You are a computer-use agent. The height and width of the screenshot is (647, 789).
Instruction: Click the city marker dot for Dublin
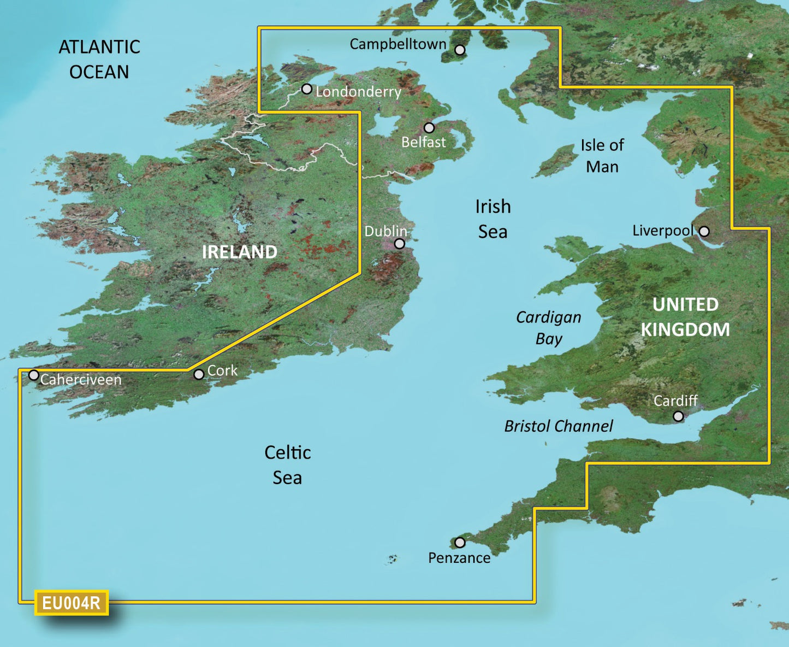point(400,244)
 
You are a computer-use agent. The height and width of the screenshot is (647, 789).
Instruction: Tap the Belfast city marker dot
point(429,128)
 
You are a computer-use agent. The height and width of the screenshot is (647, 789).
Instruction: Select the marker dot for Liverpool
point(704,231)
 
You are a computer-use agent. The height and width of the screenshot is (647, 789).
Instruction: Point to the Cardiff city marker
point(678,416)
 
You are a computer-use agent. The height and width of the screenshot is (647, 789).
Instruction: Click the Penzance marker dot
point(460,543)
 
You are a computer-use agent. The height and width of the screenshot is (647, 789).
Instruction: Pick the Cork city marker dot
point(199,374)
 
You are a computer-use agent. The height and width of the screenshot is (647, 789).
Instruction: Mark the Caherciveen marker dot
point(34,375)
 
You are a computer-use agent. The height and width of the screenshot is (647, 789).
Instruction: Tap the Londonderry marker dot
point(307,89)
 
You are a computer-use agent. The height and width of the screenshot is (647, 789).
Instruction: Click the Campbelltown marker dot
point(460,50)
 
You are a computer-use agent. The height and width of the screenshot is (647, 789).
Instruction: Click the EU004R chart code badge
point(72,603)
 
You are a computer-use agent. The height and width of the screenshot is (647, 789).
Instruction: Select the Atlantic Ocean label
point(99,59)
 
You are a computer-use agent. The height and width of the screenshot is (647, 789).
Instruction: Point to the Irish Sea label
point(493,219)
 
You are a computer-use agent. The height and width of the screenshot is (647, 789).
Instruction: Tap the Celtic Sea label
point(287,465)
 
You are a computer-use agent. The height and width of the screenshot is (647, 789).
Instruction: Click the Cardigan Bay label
point(549,328)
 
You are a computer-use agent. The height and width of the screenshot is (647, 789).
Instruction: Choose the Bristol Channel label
point(559,426)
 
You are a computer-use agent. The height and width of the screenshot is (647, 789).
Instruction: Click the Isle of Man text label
point(602,156)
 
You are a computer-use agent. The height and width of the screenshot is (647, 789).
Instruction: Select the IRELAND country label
point(240,252)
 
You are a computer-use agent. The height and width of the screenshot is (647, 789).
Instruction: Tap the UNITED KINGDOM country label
point(685,317)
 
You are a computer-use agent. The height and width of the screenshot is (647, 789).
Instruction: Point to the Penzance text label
point(459,558)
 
